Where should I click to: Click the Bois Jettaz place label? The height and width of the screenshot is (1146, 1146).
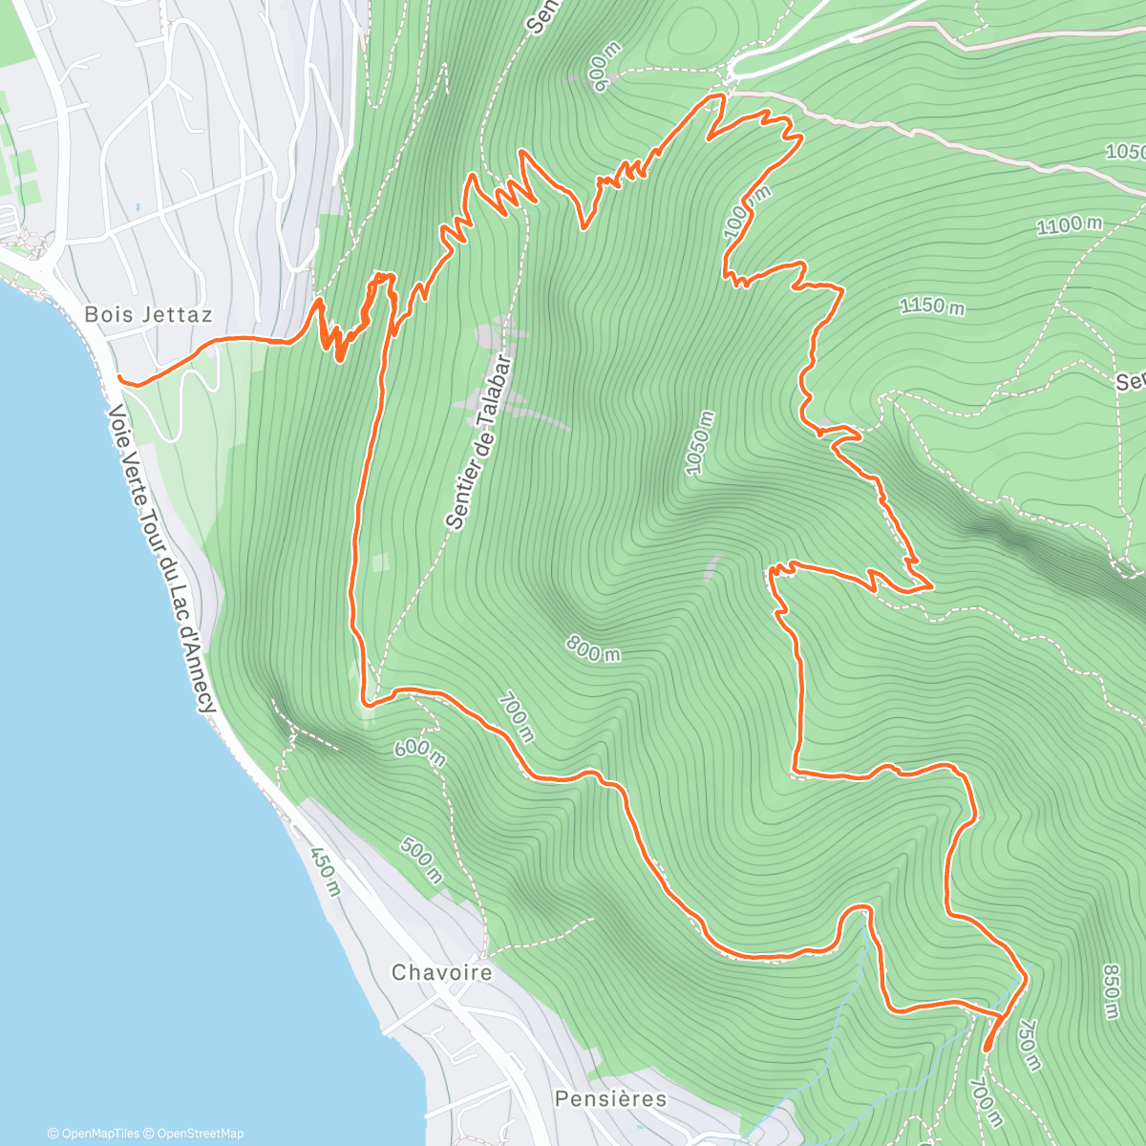tap(148, 314)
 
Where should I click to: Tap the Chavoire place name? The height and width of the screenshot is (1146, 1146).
tap(442, 972)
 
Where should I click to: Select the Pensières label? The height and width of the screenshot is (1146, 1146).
tap(610, 1098)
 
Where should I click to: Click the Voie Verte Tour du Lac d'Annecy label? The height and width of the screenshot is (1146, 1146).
tap(161, 559)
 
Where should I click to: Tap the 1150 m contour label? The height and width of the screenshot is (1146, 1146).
tap(931, 306)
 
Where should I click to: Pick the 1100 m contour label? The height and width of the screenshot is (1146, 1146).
tap(1069, 225)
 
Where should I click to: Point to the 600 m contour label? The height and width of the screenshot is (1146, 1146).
tap(420, 753)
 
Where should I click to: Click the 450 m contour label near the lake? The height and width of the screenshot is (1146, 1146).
tap(326, 870)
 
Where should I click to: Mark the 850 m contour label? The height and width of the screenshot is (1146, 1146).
tap(1111, 991)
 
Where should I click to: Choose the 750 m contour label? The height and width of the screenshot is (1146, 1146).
tap(1028, 1045)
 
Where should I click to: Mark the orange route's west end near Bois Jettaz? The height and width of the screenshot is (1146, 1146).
tap(119, 379)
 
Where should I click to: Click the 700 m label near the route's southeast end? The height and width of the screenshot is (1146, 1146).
tap(986, 1102)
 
